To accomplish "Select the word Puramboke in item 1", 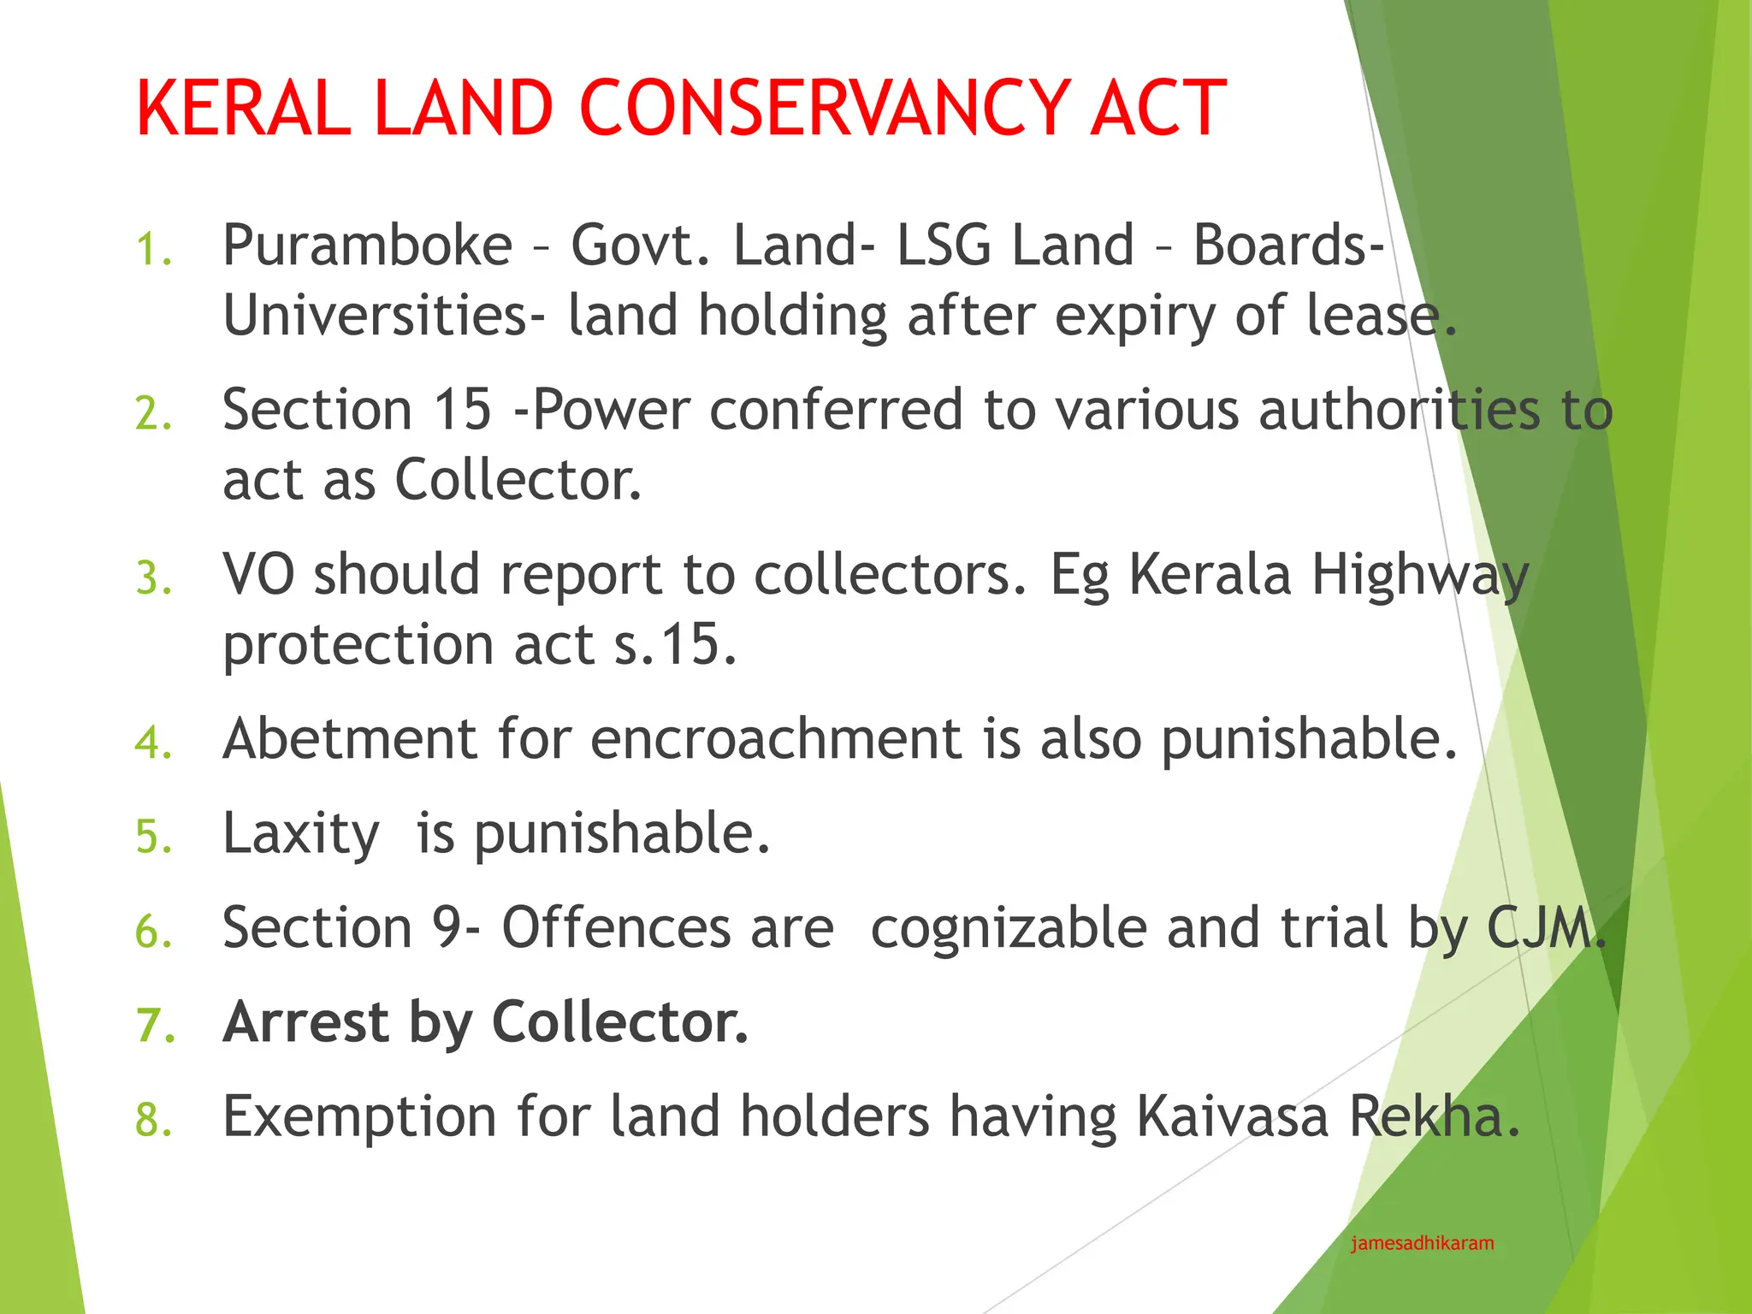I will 367,246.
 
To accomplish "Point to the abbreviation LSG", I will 944,246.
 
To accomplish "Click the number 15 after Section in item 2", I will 462,410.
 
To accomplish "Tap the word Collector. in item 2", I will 518,480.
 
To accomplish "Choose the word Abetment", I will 349,739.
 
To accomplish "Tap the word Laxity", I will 300,834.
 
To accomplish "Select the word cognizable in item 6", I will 1008,928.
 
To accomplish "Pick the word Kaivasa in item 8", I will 1232,1117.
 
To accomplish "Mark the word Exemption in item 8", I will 359,1117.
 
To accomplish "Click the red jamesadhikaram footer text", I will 1422,1244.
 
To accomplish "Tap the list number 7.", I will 154,1026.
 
